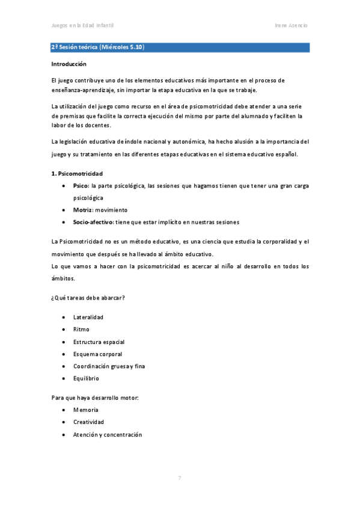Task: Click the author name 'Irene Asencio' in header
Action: [x=291, y=25]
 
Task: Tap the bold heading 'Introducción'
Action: [x=69, y=64]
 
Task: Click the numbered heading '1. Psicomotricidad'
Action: [x=77, y=173]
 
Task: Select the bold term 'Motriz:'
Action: [x=83, y=210]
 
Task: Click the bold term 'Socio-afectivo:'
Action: [x=93, y=222]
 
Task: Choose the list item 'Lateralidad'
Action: [x=88, y=317]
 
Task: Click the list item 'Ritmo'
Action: [x=81, y=329]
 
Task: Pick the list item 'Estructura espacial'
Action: [x=99, y=342]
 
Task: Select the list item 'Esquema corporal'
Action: [x=97, y=354]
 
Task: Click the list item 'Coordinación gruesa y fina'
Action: [x=109, y=366]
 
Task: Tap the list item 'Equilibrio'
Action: [x=86, y=378]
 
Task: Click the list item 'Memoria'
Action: [x=85, y=410]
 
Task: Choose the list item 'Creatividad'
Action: [x=88, y=422]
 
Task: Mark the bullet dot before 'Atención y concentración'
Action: [x=64, y=435]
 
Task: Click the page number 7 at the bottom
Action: [x=180, y=478]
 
